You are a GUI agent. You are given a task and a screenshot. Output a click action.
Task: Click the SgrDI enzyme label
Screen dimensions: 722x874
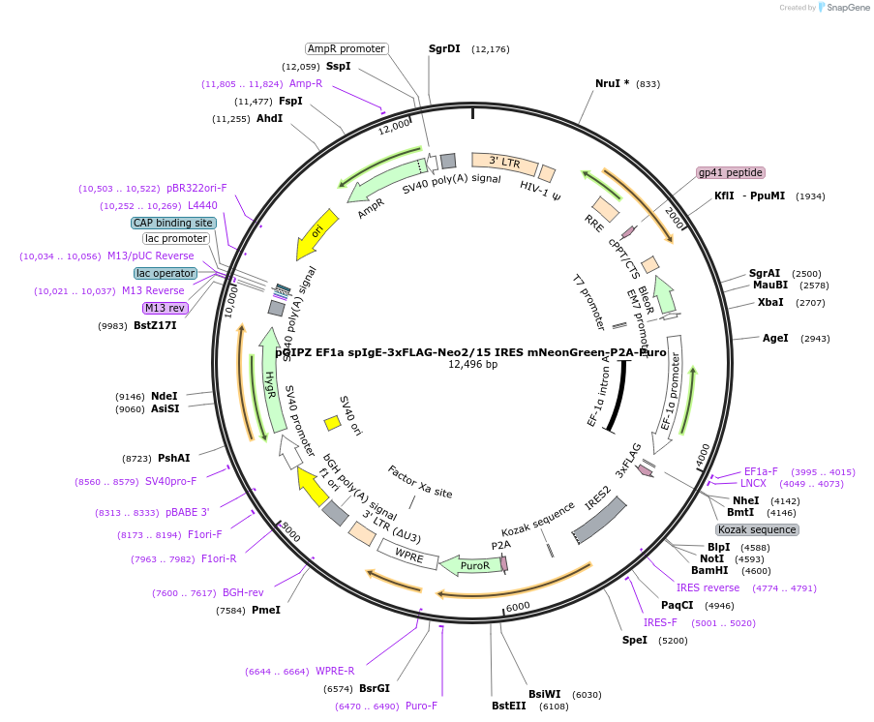(x=444, y=48)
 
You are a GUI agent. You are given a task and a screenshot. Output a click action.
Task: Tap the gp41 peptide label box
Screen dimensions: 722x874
(x=731, y=172)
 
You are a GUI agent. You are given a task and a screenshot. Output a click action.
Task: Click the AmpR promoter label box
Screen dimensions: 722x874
(x=347, y=48)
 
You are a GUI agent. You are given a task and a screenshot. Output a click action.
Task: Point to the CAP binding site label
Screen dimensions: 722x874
(x=173, y=223)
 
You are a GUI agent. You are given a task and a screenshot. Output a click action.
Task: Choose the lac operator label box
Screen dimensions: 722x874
(x=166, y=273)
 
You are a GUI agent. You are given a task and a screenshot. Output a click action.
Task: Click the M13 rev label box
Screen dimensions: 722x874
(x=165, y=308)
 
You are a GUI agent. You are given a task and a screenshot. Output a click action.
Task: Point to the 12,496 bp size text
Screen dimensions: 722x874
(x=472, y=365)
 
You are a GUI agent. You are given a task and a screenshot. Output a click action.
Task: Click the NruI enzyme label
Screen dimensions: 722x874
(x=612, y=83)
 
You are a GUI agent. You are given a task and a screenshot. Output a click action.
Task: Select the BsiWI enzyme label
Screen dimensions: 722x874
(x=544, y=694)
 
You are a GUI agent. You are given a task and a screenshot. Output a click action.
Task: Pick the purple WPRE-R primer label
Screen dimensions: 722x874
(x=335, y=671)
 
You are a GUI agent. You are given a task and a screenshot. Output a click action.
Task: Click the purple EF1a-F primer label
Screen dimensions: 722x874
(x=761, y=471)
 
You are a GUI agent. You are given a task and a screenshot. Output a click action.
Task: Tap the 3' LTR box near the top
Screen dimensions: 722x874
(x=505, y=162)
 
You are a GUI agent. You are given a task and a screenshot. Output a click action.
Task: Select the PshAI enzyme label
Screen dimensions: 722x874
(x=173, y=458)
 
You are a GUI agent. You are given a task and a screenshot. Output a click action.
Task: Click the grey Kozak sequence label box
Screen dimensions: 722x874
(x=757, y=529)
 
